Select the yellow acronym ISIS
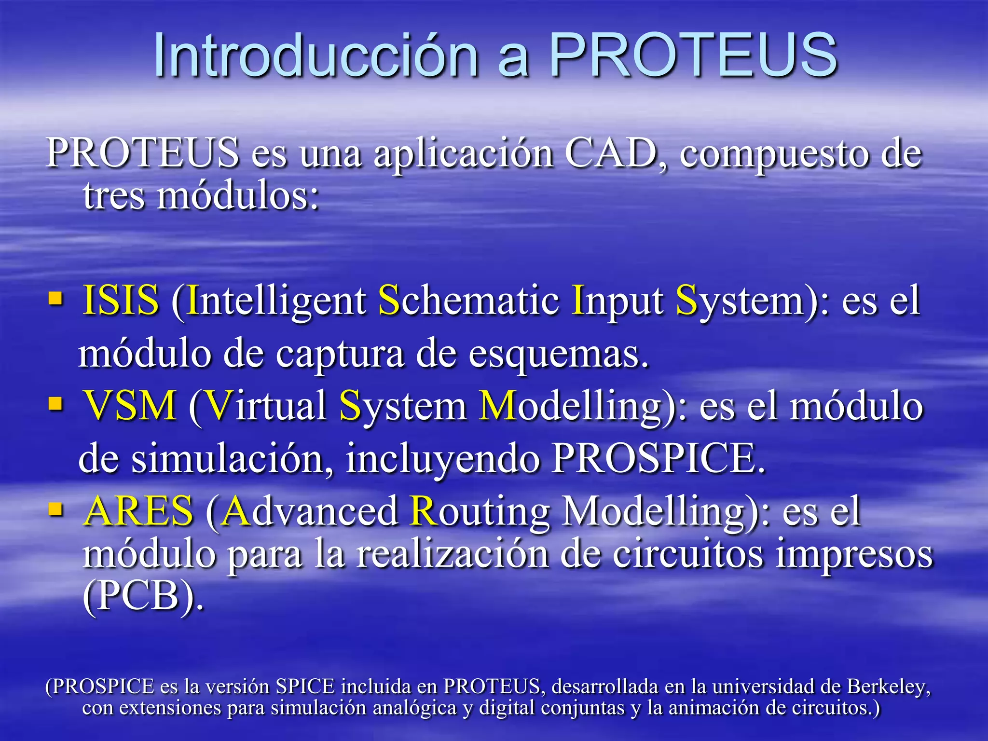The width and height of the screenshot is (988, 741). (x=121, y=300)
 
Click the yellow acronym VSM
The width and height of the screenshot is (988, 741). (x=130, y=405)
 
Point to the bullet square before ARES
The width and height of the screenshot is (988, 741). (x=56, y=509)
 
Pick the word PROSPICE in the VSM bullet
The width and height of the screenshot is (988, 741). (x=659, y=458)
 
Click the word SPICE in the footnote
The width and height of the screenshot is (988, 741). (x=305, y=686)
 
